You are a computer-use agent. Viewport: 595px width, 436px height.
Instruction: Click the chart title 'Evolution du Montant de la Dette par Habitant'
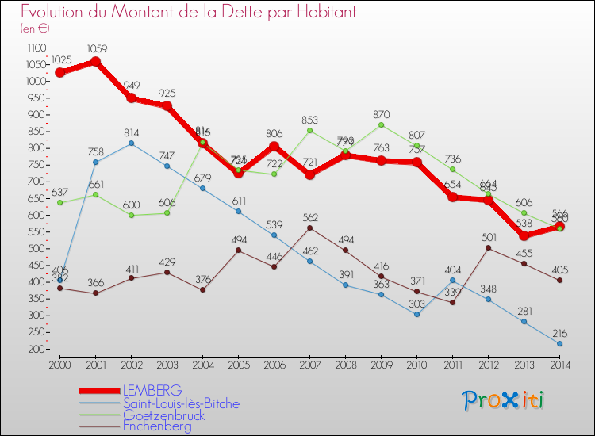pos(189,13)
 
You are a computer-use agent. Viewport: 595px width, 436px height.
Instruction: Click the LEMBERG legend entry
pos(152,391)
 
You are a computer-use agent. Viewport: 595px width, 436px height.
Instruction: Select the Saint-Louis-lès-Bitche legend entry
pos(181,403)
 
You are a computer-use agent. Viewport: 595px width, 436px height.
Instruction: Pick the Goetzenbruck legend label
pos(163,415)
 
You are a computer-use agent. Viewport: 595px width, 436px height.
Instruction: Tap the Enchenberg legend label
pos(158,426)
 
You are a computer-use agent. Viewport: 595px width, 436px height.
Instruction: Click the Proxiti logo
pos(504,400)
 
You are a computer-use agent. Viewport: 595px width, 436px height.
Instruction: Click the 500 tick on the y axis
pos(37,249)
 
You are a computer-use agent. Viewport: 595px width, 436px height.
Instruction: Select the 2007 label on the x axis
pos(309,365)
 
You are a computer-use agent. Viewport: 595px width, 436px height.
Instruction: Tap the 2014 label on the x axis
pos(560,365)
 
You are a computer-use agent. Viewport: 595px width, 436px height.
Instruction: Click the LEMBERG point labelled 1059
pos(95,61)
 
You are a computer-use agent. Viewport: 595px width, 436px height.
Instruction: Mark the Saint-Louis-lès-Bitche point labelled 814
pos(131,143)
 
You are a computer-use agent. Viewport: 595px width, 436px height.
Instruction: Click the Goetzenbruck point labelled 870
pos(381,124)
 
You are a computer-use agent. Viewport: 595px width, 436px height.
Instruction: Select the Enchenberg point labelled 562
pos(309,228)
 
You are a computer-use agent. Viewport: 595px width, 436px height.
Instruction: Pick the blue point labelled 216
pos(560,344)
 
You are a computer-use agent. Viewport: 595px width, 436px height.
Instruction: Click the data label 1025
pos(61,60)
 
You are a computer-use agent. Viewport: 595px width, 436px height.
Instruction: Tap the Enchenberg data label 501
pos(488,237)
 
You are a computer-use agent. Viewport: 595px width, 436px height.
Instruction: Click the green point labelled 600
pos(131,215)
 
